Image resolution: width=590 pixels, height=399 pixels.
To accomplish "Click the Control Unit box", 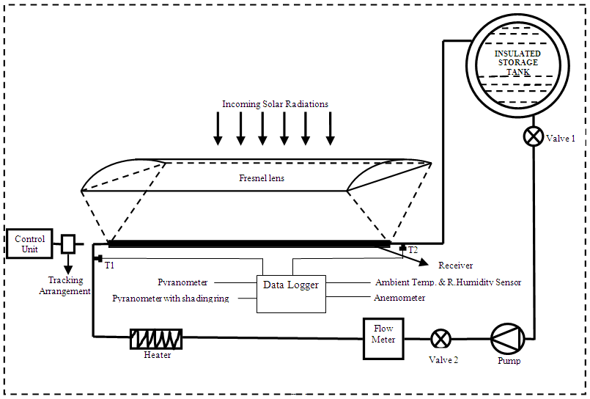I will pyautogui.click(x=29, y=244).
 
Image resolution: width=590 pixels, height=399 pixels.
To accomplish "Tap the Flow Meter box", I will pyautogui.click(x=383, y=338).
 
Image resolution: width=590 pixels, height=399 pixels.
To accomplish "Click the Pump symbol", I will pyautogui.click(x=508, y=338).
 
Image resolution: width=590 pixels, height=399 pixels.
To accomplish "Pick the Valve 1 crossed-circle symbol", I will pyautogui.click(x=533, y=137).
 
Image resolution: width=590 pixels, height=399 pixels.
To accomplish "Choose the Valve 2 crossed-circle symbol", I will pyautogui.click(x=440, y=338).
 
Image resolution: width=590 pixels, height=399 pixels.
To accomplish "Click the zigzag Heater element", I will pyautogui.click(x=156, y=338).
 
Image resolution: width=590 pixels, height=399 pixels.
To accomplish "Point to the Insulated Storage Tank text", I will pyautogui.click(x=517, y=63).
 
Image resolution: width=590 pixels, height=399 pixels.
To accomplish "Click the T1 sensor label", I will pyautogui.click(x=110, y=265).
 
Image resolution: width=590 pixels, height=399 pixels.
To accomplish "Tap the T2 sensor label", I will pyautogui.click(x=413, y=250).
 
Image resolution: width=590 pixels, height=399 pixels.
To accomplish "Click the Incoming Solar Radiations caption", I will pyautogui.click(x=275, y=104).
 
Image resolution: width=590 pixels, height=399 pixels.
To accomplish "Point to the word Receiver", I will pyautogui.click(x=455, y=266).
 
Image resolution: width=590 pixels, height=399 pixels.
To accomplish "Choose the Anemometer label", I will pyautogui.click(x=399, y=298).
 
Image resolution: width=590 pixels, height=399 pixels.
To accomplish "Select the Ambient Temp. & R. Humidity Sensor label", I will pyautogui.click(x=448, y=282).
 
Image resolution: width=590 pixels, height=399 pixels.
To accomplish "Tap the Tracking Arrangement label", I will pyautogui.click(x=66, y=285).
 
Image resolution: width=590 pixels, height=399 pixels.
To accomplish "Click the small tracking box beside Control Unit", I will pyautogui.click(x=67, y=244).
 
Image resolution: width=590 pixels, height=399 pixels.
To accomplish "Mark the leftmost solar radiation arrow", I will pyautogui.click(x=218, y=128).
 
